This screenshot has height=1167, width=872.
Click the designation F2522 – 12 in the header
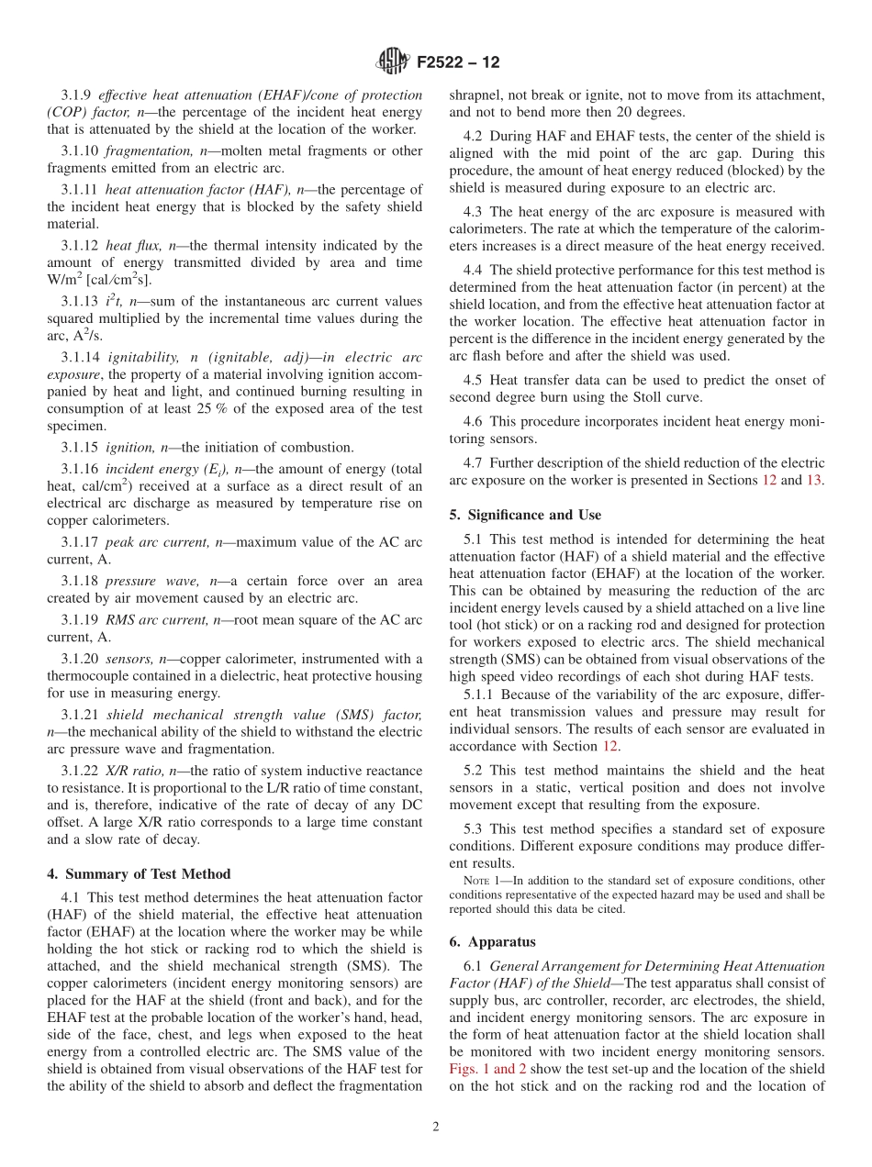pos(458,62)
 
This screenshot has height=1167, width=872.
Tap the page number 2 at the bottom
pos(436,1128)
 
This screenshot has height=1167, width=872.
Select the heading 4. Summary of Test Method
pos(138,873)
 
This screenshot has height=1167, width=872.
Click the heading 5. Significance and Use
pos(525,515)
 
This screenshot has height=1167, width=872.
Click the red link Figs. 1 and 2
pos(487,1069)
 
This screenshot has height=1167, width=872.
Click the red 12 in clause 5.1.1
pos(609,746)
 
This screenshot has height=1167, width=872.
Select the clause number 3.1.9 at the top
pos(76,94)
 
